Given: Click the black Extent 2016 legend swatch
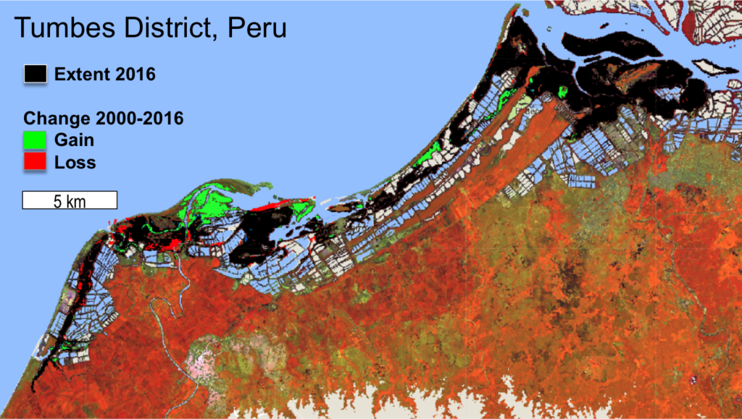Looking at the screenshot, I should click(36, 74).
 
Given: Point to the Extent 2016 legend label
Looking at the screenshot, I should click(105, 74).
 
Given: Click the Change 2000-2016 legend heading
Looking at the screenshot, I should click(104, 118).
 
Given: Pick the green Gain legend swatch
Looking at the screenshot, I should click(36, 139).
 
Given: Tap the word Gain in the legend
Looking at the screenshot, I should click(74, 140).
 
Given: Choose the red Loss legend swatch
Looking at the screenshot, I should click(36, 161).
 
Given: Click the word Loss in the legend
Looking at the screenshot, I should click(75, 162).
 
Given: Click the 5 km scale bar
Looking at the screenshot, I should click(70, 200).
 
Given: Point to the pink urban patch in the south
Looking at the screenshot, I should click(207, 359).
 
